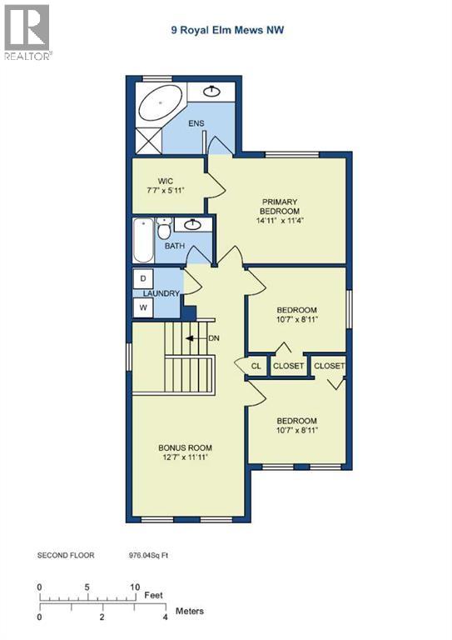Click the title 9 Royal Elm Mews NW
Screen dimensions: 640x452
(226, 31)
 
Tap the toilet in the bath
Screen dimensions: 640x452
(165, 227)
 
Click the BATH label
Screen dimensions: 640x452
(174, 246)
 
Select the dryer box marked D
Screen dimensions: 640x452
(144, 277)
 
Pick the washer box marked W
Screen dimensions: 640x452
(144, 307)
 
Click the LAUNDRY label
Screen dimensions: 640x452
(161, 293)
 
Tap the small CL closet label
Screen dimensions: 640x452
(256, 366)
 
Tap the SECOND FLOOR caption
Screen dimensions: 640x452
(66, 554)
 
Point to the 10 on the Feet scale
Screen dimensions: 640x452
(134, 587)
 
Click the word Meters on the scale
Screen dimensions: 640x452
(188, 612)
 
